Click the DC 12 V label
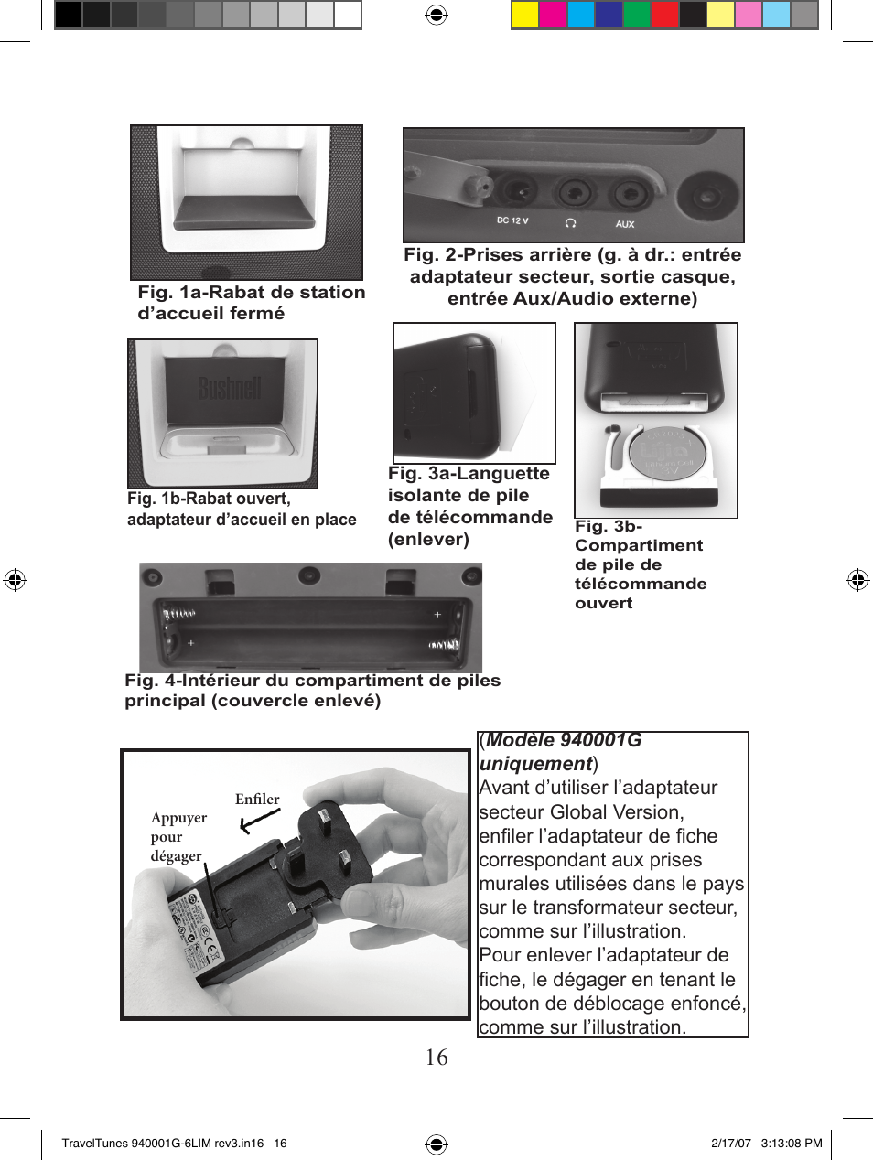coord(512,220)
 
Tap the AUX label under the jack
coord(625,224)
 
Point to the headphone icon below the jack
coord(571,222)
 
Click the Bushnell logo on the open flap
coord(231,388)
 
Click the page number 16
coord(436,1058)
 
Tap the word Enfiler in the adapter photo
coord(257,799)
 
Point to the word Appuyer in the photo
coord(178,818)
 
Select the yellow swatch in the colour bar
coord(524,16)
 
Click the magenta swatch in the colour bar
coord(553,16)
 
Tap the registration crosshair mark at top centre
coord(436,15)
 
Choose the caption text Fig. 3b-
coord(609,526)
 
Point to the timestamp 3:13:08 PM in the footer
coord(792,1143)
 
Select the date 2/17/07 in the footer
coord(730,1143)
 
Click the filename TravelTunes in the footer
coord(94,1143)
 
